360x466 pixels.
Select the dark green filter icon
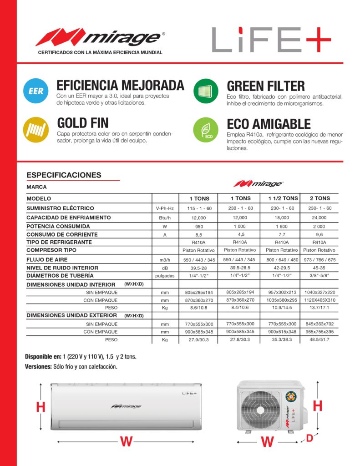click(x=206, y=91)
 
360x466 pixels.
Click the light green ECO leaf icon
click(x=206, y=129)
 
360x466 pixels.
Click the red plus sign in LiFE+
click(x=318, y=40)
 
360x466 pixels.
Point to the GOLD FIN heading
click(x=82, y=123)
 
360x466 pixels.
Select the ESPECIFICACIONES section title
click(x=64, y=175)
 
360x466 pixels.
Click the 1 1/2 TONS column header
click(x=280, y=198)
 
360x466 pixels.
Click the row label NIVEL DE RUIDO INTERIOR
click(x=62, y=268)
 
